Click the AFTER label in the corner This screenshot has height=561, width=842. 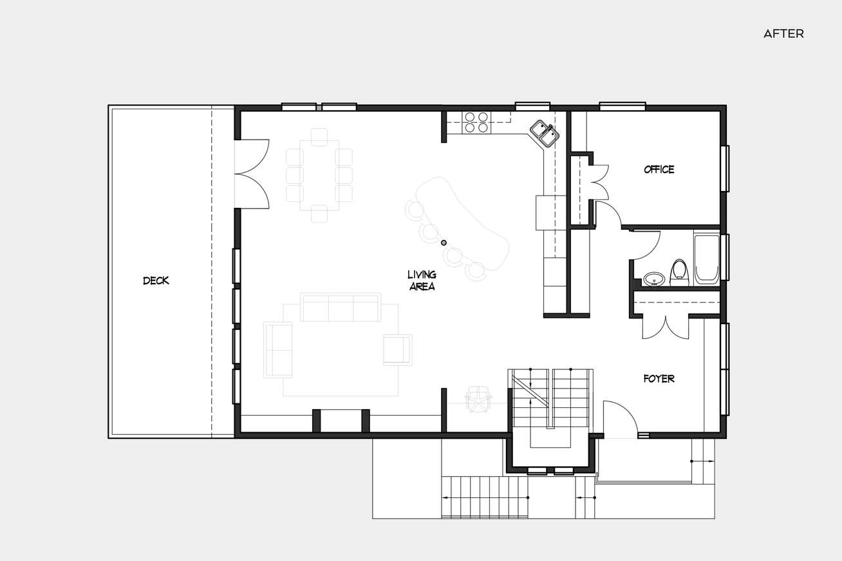[783, 34]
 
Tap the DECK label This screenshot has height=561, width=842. [156, 280]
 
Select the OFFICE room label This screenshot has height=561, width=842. [659, 169]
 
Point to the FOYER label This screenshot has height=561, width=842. [659, 378]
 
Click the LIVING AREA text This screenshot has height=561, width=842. [422, 280]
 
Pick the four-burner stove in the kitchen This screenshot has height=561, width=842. [476, 122]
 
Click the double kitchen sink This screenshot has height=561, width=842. [545, 133]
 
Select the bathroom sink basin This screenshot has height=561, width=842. [654, 279]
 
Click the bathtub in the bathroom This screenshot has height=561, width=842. [707, 260]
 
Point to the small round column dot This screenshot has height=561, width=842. [444, 243]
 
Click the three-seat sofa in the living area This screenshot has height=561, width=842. [341, 308]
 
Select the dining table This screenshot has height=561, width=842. [319, 175]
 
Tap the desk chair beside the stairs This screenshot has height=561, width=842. [478, 399]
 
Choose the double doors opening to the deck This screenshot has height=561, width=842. [252, 174]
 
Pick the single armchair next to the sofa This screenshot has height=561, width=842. [398, 350]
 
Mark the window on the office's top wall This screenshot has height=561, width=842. [622, 106]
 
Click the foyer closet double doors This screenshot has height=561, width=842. [666, 327]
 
